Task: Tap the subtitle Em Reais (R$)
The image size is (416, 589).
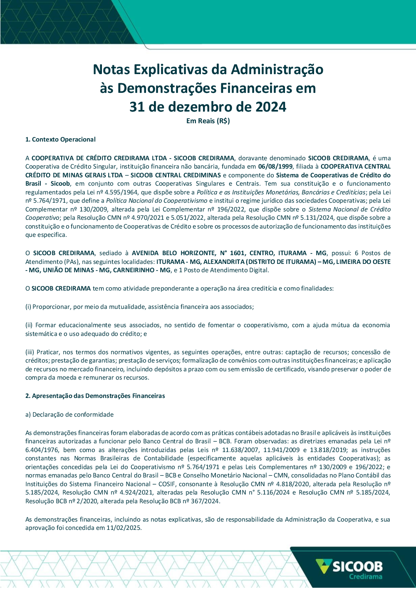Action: click(208, 121)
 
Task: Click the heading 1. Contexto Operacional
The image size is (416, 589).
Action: click(60, 139)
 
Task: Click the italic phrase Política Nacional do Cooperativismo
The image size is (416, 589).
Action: click(156, 201)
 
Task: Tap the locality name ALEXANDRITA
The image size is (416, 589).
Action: click(223, 262)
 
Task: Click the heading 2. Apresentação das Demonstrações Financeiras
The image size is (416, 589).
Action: click(95, 396)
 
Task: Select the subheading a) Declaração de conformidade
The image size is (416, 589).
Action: click(69, 415)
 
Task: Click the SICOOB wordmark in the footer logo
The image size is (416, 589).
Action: click(357, 567)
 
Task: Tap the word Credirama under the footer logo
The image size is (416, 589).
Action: click(365, 577)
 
